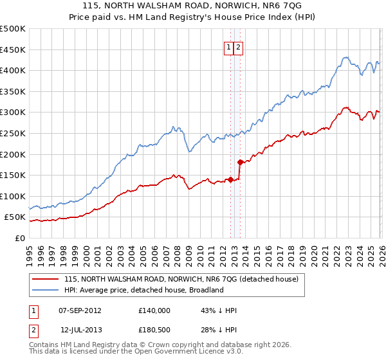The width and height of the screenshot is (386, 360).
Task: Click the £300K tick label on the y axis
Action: tap(13, 113)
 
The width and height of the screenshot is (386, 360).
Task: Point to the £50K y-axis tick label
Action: tap(15, 217)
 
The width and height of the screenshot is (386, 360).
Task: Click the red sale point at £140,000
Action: tap(230, 179)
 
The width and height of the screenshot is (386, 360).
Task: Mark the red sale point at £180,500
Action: tap(240, 162)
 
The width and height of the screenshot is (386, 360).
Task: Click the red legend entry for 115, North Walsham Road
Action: tap(181, 280)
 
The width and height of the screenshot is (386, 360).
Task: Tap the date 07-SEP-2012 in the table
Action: tap(80, 310)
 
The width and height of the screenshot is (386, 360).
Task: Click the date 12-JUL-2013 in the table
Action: tap(81, 330)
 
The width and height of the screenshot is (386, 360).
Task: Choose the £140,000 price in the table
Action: tap(154, 310)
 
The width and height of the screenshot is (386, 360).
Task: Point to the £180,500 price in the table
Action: tap(154, 330)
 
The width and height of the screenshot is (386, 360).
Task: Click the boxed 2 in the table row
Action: tap(32, 330)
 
